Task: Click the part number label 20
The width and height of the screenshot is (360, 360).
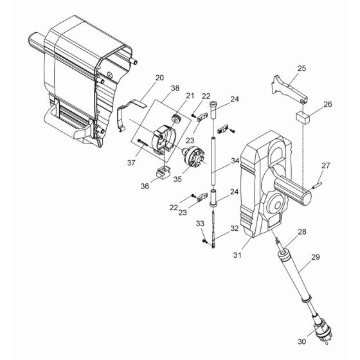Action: tap(159, 78)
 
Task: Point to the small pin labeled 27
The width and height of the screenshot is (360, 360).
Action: tap(318, 184)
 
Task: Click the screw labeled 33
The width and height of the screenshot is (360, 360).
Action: tap(205, 242)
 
